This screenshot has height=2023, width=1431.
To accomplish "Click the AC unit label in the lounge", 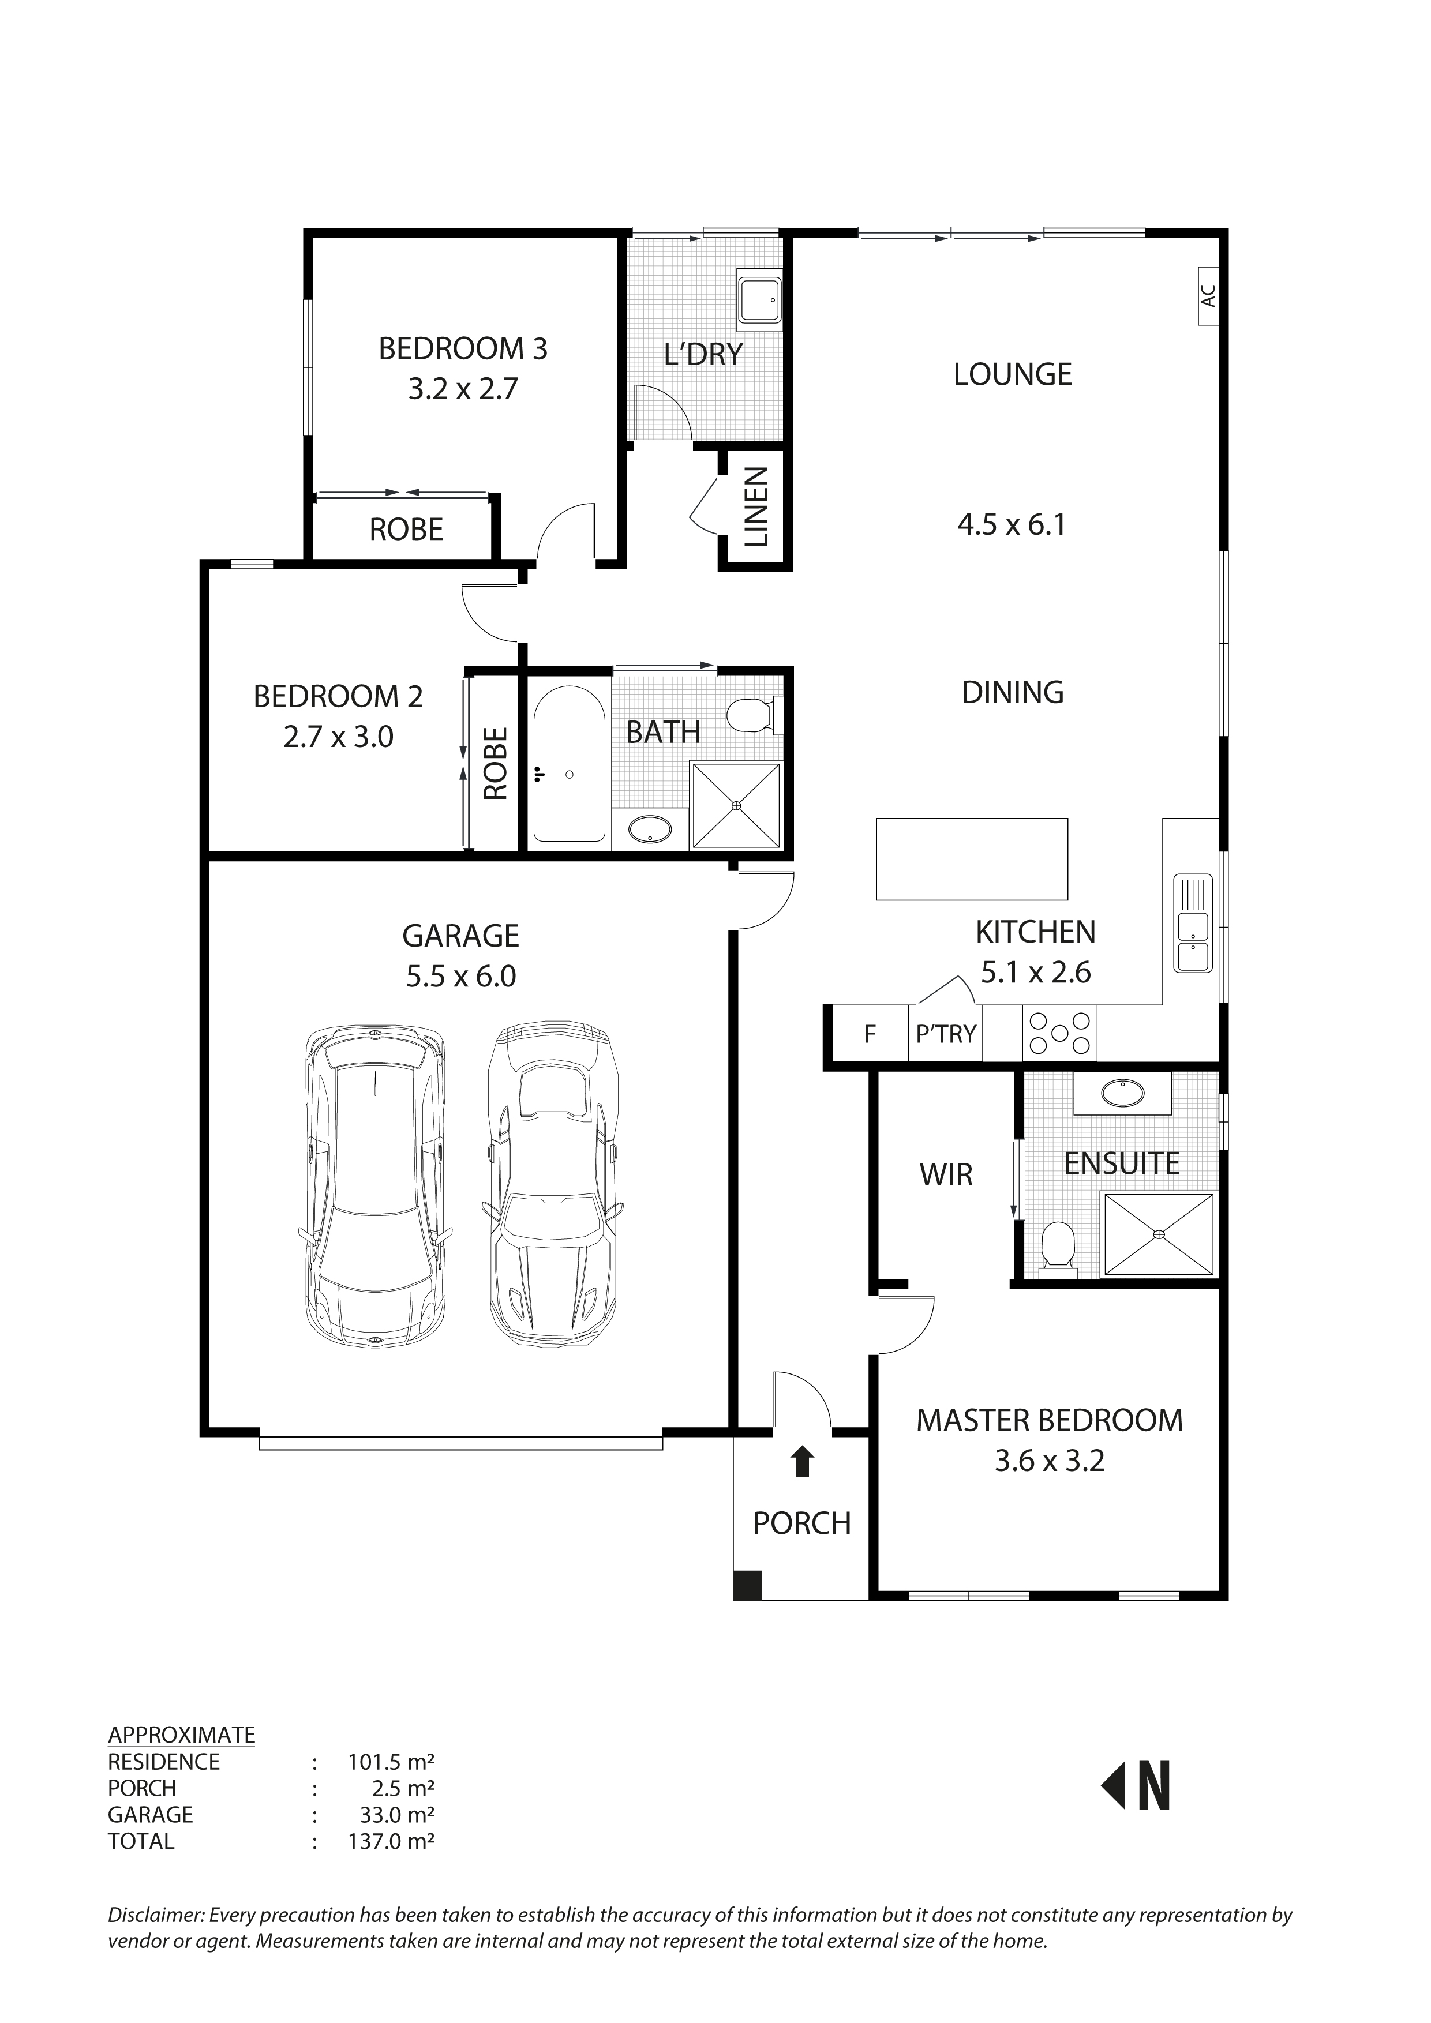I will click(x=1209, y=296).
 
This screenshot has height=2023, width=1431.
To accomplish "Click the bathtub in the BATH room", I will click(x=568, y=764).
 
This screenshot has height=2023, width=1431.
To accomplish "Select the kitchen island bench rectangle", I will click(x=972, y=859).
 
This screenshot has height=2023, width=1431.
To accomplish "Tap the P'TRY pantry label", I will click(x=946, y=1034).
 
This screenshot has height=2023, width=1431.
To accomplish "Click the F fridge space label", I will click(x=870, y=1034).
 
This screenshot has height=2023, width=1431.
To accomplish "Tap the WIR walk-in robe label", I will click(x=946, y=1174).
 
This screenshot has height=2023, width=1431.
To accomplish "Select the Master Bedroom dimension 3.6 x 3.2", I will click(x=1048, y=1461).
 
